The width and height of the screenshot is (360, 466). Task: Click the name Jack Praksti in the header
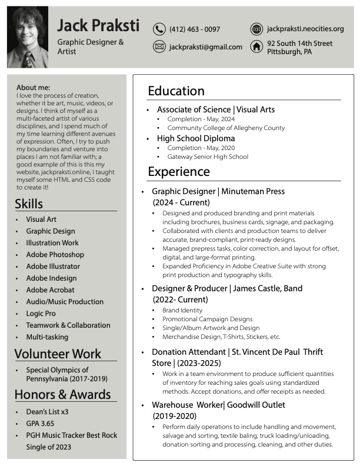(x=98, y=25)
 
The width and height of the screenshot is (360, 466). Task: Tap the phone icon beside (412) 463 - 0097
(x=159, y=29)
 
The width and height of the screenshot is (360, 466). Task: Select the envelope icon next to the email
(x=159, y=47)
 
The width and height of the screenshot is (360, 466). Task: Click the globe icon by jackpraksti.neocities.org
(x=256, y=29)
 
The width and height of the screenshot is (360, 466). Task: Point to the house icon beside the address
(x=256, y=47)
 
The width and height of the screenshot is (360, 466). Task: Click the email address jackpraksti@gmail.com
(x=206, y=47)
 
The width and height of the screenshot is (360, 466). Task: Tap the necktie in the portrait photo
(x=28, y=59)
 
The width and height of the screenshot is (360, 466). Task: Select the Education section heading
(x=176, y=91)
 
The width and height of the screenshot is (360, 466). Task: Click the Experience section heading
(x=178, y=172)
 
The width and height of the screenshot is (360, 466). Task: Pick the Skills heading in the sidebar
(x=29, y=204)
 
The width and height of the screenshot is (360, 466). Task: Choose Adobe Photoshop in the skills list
(x=55, y=255)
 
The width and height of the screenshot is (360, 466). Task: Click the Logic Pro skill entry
(x=41, y=314)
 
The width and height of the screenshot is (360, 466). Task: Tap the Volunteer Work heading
(x=58, y=354)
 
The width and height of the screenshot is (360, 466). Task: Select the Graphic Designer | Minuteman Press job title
(x=218, y=191)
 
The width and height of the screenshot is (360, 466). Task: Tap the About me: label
(x=33, y=87)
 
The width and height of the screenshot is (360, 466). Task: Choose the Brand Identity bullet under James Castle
(x=182, y=310)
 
